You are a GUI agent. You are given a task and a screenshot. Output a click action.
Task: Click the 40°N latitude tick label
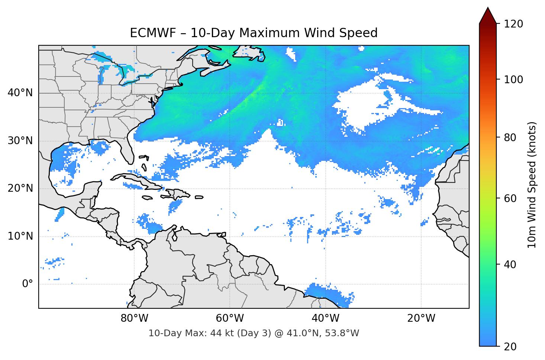20,93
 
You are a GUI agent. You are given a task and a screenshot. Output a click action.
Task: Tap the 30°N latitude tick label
20,141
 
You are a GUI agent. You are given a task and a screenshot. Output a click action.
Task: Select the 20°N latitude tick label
20,188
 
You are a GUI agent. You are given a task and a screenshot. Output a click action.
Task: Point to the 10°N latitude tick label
20,236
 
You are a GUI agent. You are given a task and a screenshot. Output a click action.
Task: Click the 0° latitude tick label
28,284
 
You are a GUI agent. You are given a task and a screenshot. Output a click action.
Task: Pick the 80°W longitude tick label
134,318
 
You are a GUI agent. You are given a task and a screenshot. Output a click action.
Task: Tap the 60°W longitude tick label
230,318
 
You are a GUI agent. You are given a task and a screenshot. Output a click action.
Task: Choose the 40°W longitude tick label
325,318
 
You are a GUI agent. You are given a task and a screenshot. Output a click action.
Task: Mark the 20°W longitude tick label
421,318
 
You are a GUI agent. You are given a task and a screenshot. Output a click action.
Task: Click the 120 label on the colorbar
513,24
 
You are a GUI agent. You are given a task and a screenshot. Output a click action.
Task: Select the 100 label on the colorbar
513,80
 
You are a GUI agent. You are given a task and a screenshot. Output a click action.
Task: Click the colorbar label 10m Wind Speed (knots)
532,185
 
